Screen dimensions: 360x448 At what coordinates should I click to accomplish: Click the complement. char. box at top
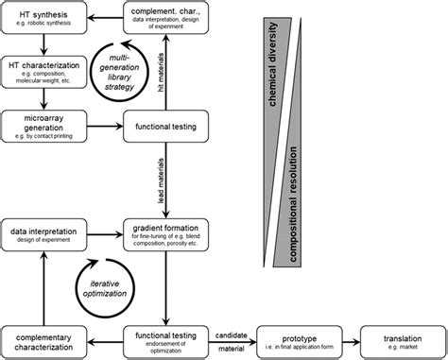(165, 17)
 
